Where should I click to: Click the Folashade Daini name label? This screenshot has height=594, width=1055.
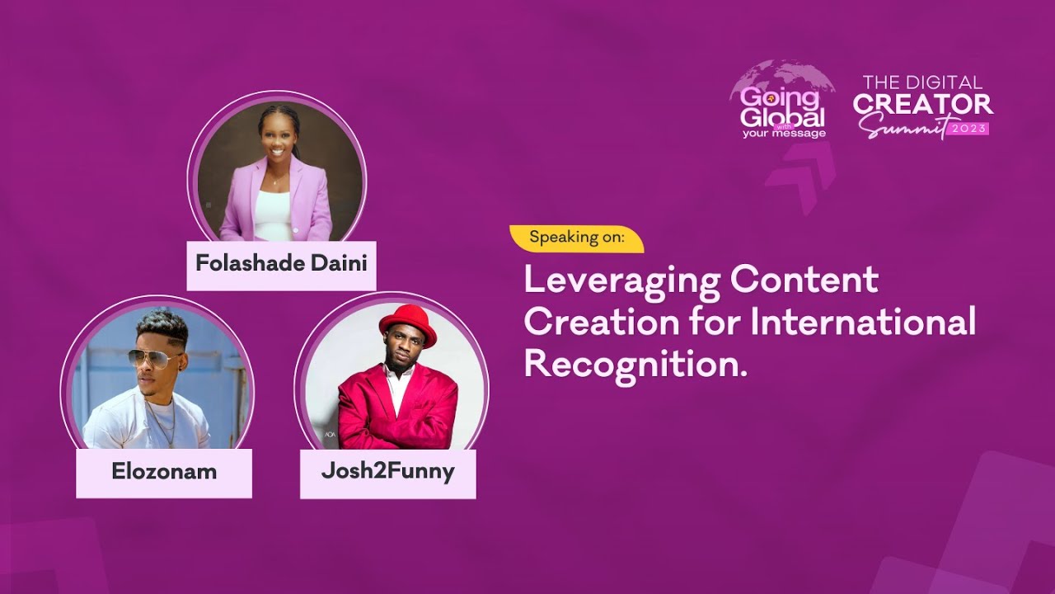(x=281, y=265)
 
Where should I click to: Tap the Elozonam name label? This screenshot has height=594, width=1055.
(x=164, y=473)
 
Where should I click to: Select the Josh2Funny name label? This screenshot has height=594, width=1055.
(x=387, y=473)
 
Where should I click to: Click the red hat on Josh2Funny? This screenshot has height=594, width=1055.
(x=407, y=323)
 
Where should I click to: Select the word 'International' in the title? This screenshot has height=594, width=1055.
(x=863, y=321)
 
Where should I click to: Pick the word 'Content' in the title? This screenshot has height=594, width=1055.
(x=804, y=280)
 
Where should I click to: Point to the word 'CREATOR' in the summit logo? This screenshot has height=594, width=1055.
(x=922, y=104)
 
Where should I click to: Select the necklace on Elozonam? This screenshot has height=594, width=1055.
(x=163, y=420)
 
